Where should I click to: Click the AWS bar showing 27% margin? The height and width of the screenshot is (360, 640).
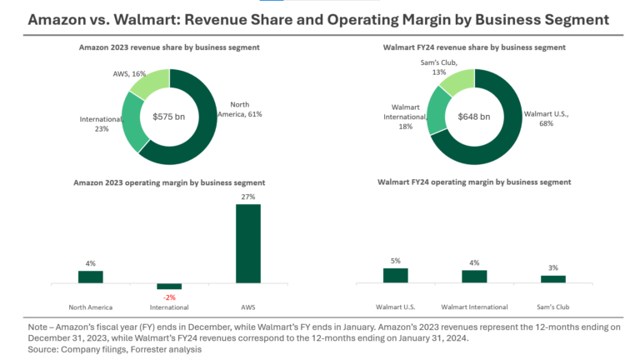(x=248, y=243)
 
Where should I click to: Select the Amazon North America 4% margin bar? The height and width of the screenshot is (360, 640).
(x=90, y=277)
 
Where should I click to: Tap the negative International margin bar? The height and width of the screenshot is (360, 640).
(x=169, y=286)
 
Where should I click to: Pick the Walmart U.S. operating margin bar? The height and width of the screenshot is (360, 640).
(x=395, y=275)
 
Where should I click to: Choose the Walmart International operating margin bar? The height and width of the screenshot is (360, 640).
(x=474, y=276)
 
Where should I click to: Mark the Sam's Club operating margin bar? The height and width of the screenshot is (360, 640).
(x=552, y=278)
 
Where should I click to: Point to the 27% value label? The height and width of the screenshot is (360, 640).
(x=248, y=197)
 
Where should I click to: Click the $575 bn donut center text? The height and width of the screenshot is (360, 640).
(x=170, y=116)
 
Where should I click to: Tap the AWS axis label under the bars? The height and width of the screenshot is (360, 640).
(x=248, y=306)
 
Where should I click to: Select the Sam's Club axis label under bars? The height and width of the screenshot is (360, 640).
(x=552, y=306)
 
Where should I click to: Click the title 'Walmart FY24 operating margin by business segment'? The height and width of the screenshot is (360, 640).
(x=474, y=181)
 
